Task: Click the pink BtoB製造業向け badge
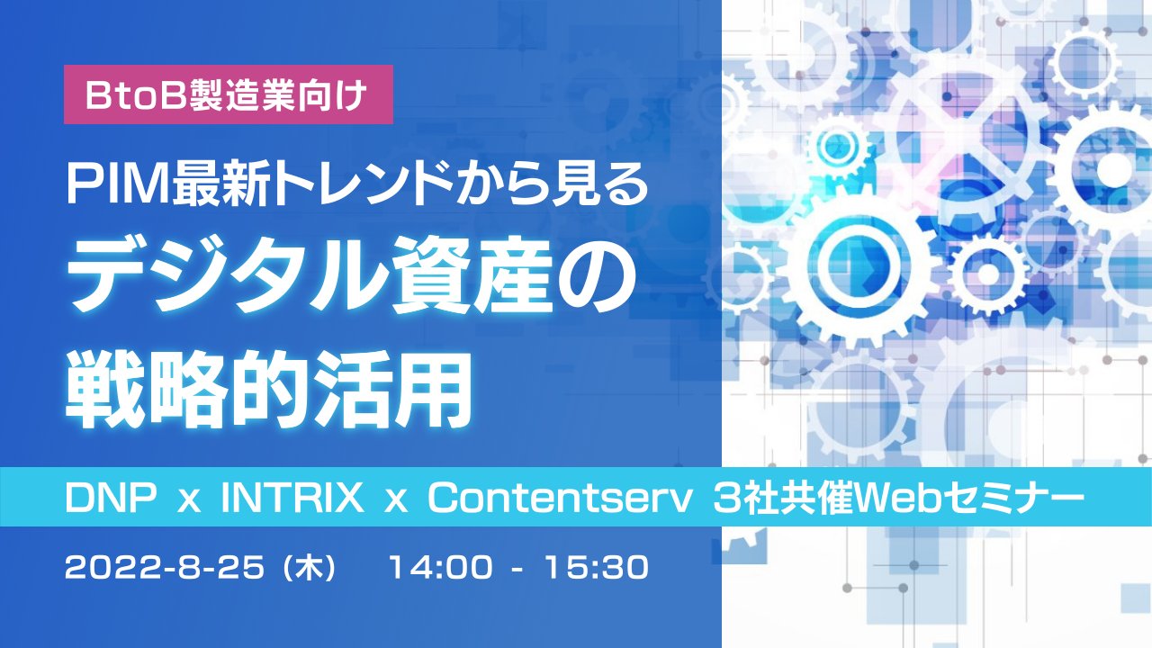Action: pos(228,94)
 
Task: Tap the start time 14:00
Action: pos(440,569)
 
